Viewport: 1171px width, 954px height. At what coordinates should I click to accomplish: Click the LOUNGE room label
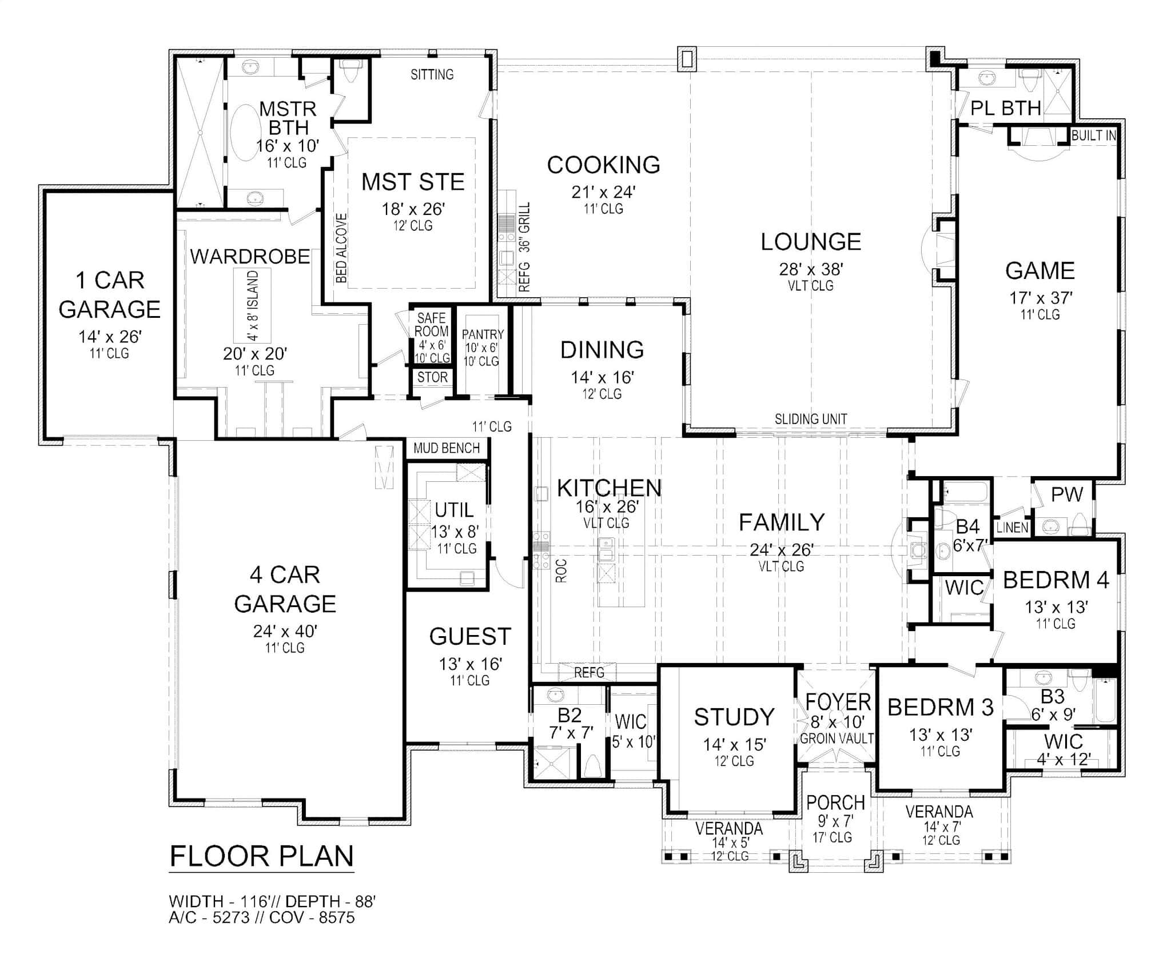click(810, 242)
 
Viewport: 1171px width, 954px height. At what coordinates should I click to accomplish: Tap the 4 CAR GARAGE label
click(285, 589)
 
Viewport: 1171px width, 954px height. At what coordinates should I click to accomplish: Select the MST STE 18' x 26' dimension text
click(413, 209)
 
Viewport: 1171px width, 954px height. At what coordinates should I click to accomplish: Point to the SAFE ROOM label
click(431, 325)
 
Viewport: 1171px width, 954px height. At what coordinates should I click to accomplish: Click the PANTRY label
click(483, 334)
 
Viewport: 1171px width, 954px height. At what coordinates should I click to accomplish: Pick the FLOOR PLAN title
click(262, 856)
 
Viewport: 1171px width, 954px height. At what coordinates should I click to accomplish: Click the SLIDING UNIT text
click(810, 419)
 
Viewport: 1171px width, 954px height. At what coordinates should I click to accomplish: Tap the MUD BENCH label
click(446, 448)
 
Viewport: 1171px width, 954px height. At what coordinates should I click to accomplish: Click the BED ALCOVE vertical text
click(341, 248)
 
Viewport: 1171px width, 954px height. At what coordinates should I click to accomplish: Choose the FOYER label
click(838, 701)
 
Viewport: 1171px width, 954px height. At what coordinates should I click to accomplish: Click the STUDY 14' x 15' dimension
click(734, 744)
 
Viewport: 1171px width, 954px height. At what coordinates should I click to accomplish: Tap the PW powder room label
click(1067, 494)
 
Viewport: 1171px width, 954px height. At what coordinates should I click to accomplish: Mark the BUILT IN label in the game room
click(1093, 136)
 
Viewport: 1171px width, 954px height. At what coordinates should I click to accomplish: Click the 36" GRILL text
click(525, 227)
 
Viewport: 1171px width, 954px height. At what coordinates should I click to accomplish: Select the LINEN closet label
click(1012, 528)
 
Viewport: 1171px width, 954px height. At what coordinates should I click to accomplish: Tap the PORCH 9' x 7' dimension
click(835, 821)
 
